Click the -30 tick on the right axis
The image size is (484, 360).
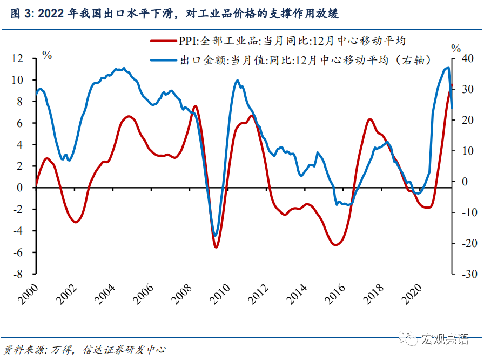(x=463, y=274)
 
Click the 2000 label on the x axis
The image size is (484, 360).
(x=28, y=295)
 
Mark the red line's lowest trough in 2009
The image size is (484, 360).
(x=216, y=247)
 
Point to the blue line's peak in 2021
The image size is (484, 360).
(x=447, y=68)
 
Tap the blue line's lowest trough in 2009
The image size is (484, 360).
(x=216, y=236)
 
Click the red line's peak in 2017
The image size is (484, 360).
(x=370, y=119)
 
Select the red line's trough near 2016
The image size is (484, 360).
(x=335, y=245)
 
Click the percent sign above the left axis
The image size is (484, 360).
(x=47, y=54)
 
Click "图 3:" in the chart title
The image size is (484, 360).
(x=22, y=14)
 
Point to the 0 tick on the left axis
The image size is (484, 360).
(x=21, y=188)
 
